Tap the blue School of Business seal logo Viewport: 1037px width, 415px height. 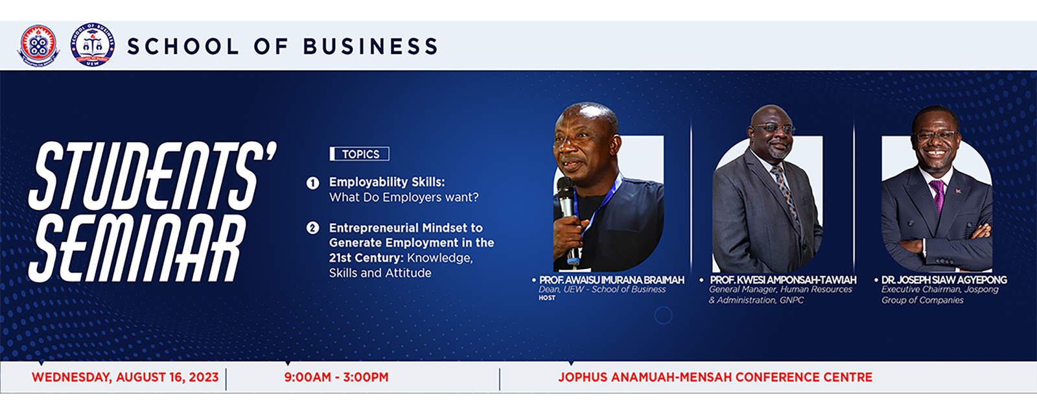tap(93, 45)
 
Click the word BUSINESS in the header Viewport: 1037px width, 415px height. tap(371, 47)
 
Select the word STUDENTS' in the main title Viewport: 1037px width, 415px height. tap(153, 176)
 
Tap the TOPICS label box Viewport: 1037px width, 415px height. tap(360, 154)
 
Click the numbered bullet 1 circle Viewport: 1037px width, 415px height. tap(312, 183)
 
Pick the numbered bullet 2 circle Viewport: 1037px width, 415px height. tap(312, 228)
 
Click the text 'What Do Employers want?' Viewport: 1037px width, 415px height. tap(404, 198)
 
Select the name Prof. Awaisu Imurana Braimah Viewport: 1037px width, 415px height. tap(611, 280)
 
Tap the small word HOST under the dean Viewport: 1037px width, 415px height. tap(547, 298)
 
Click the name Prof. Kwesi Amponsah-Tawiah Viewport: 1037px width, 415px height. tap(783, 280)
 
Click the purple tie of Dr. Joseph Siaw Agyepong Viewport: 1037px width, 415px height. tap(938, 195)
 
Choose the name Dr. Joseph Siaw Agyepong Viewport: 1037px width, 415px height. tap(944, 280)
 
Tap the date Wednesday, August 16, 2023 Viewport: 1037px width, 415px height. tap(125, 377)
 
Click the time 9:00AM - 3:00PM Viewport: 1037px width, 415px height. tap(336, 377)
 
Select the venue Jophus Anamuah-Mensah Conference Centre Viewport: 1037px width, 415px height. tap(716, 377)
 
